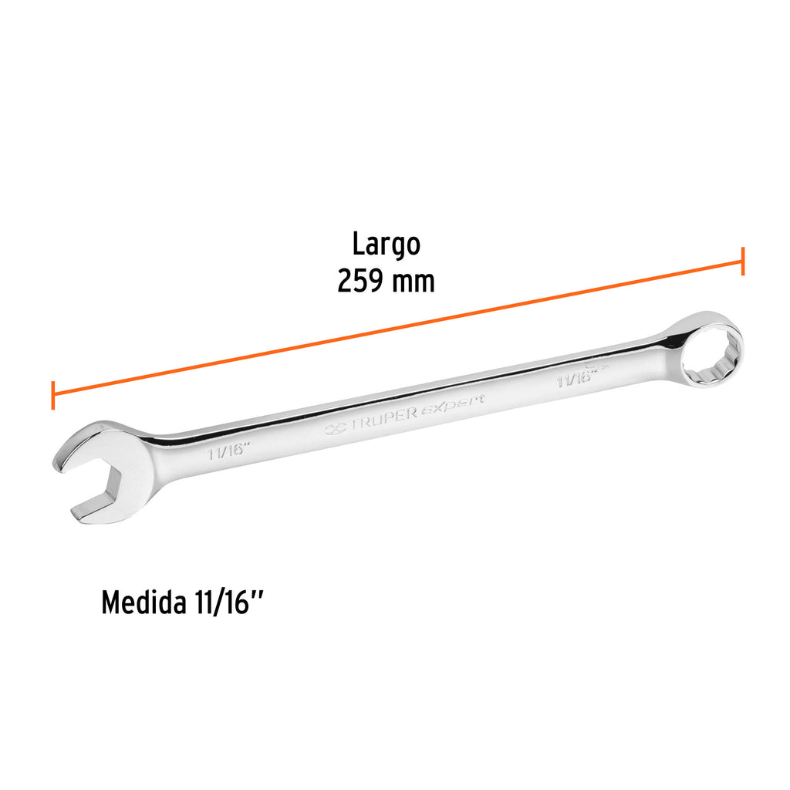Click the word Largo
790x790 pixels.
coord(386,244)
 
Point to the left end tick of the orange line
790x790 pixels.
coord(52,395)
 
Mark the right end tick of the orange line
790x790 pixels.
coord(742,262)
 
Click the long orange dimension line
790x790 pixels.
coord(397,328)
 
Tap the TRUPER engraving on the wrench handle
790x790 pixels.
coord(383,416)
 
